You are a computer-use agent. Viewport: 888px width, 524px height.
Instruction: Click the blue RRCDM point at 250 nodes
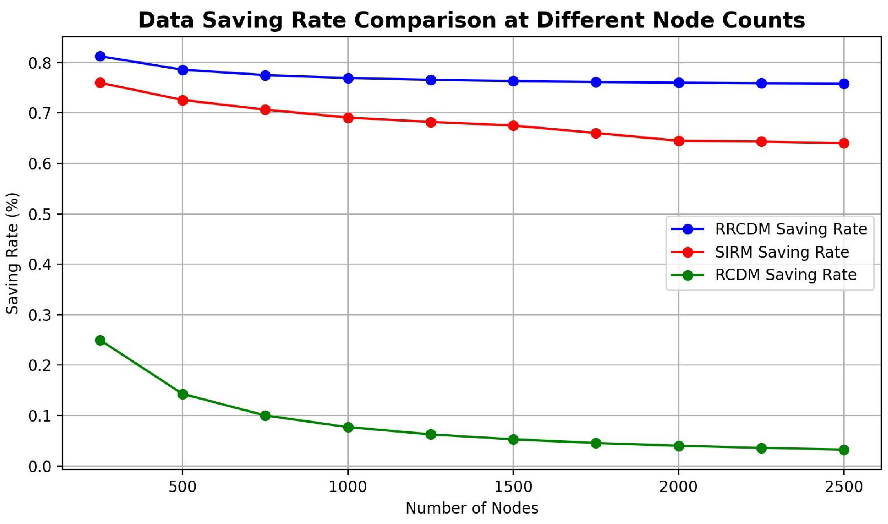100,56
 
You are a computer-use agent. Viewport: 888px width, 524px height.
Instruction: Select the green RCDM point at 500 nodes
183,394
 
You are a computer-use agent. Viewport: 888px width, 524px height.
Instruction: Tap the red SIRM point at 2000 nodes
679,141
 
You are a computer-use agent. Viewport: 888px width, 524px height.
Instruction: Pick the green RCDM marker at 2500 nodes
844,450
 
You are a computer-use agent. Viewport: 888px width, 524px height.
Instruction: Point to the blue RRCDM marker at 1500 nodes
513,81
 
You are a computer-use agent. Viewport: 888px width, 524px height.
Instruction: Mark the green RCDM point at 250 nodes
100,340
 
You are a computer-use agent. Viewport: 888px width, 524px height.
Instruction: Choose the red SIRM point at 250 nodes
100,83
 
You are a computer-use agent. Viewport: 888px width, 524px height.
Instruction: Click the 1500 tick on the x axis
513,487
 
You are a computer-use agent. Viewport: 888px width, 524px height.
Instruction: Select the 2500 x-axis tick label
844,487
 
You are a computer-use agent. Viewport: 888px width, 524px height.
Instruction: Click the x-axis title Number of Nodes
472,508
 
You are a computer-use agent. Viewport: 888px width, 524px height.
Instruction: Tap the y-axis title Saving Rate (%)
13,253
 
